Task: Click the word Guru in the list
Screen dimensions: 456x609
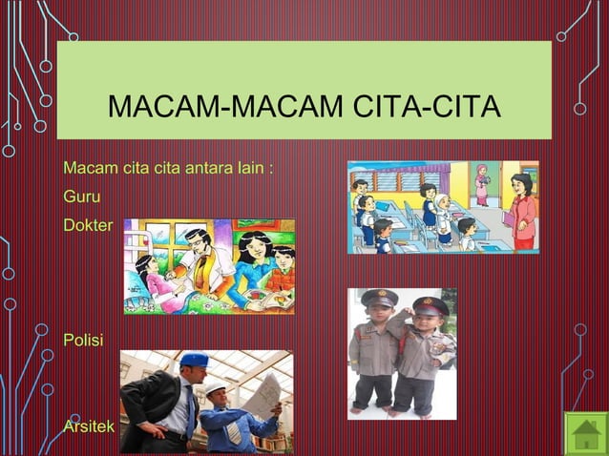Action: click(x=81, y=197)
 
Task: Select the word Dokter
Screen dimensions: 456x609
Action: click(x=87, y=226)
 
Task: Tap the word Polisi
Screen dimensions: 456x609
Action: click(x=83, y=340)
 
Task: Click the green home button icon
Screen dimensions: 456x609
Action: click(x=584, y=434)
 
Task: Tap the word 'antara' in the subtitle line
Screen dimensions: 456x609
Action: click(x=209, y=169)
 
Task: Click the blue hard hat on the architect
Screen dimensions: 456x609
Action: click(x=195, y=360)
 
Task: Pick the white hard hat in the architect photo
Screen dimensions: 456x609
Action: click(x=217, y=387)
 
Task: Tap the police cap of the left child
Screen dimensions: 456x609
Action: click(x=379, y=299)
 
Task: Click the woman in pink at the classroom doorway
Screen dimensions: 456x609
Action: click(x=482, y=184)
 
